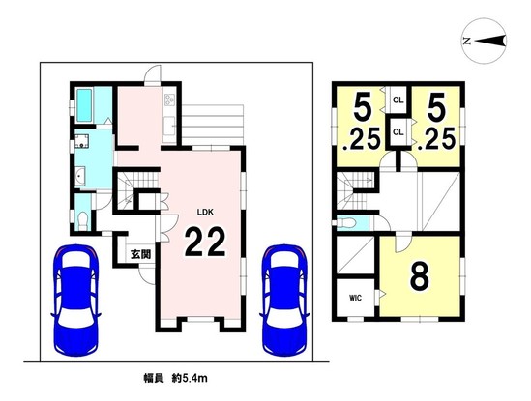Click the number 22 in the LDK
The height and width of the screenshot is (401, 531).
(205, 242)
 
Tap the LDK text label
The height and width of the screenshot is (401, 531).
(205, 213)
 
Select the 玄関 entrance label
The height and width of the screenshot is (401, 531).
(141, 254)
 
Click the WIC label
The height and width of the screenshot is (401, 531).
(355, 299)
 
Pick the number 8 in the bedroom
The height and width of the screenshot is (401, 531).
(420, 276)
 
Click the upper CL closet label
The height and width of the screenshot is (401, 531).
(398, 100)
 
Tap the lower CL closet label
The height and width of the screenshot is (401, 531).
(398, 132)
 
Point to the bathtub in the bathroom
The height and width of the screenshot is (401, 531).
(84, 105)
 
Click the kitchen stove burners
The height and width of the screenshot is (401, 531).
(169, 100)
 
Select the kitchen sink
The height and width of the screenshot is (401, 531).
(169, 126)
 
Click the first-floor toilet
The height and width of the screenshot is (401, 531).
(82, 220)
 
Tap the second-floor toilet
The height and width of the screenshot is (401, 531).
(345, 222)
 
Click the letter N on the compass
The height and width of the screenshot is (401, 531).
(467, 42)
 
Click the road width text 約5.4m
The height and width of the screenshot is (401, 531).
(193, 378)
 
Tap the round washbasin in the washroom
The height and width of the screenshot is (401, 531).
(80, 176)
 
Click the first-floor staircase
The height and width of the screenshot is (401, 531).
(136, 191)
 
